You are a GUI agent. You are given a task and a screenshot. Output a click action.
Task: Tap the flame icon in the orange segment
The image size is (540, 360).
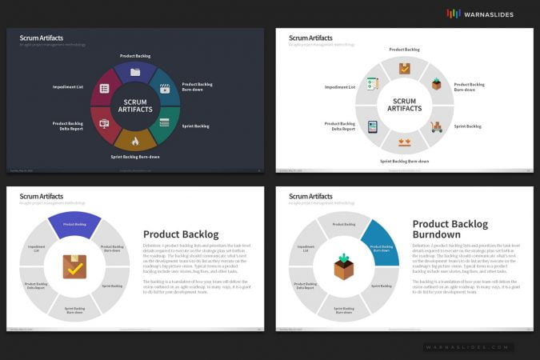135,142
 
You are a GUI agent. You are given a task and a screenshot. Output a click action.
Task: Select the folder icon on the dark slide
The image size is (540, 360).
135,72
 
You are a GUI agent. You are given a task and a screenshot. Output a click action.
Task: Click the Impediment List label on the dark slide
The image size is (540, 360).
68,86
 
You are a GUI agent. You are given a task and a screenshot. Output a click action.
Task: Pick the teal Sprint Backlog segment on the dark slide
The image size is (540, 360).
165,123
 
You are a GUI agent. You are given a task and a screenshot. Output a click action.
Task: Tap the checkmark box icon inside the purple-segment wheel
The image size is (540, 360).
74,266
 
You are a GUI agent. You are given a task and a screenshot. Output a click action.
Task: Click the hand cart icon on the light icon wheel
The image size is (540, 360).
436,126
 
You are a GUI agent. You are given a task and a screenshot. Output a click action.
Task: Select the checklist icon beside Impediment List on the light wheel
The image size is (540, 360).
372,84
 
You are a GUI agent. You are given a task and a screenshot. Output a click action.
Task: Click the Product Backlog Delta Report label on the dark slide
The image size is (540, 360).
68,126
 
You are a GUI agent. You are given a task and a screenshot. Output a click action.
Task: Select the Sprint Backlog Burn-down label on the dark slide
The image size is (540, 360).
135,157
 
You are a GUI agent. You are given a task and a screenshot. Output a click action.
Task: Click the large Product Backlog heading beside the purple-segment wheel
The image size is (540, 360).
181,234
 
